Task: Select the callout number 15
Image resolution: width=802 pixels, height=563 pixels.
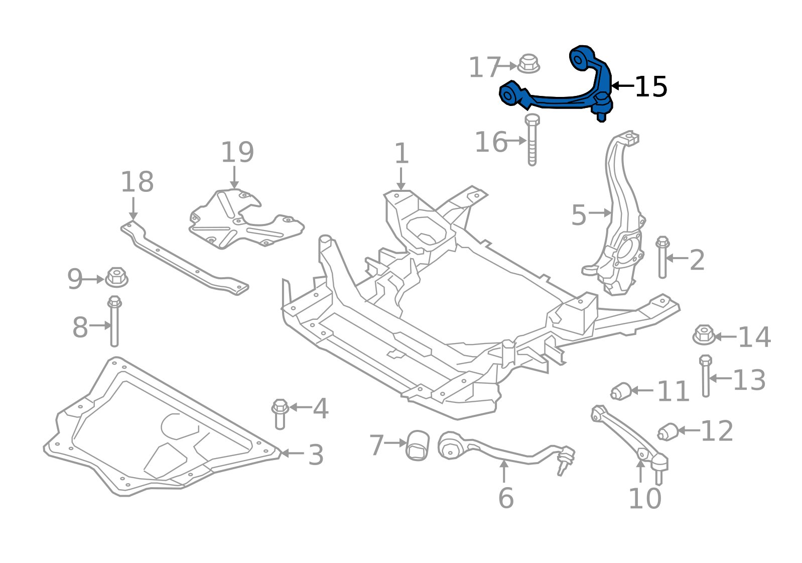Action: click(651, 87)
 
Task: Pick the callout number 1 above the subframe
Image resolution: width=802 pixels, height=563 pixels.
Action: click(402, 153)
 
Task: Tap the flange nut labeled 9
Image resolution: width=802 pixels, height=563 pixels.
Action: click(116, 278)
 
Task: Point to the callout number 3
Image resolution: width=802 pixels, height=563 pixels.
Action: click(316, 455)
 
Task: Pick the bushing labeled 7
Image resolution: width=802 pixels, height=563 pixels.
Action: click(418, 444)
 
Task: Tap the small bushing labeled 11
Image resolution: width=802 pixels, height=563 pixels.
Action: click(621, 391)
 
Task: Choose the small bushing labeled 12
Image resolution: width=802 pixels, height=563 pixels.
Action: click(668, 431)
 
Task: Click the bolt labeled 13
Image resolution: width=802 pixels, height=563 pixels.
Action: click(706, 377)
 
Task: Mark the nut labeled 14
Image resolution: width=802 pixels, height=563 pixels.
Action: click(704, 335)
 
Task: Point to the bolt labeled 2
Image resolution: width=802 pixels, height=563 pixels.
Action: click(662, 257)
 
